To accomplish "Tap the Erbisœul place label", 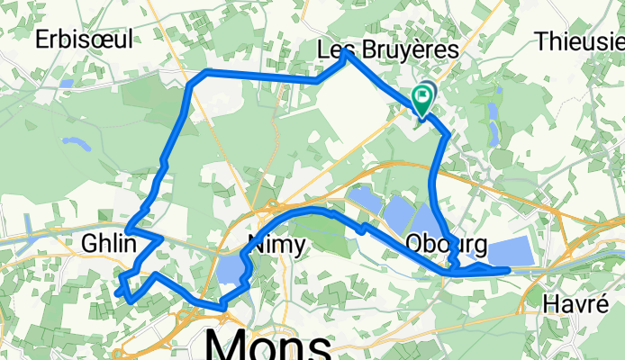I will click(x=84, y=38).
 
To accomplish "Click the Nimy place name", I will click(x=276, y=244).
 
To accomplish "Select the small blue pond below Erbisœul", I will click(x=67, y=83).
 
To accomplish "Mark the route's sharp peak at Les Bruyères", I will click(x=347, y=54).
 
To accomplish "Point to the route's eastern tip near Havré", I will click(x=508, y=268).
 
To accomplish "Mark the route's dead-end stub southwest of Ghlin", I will click(x=118, y=292).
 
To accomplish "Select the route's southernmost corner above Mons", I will click(x=222, y=309).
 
